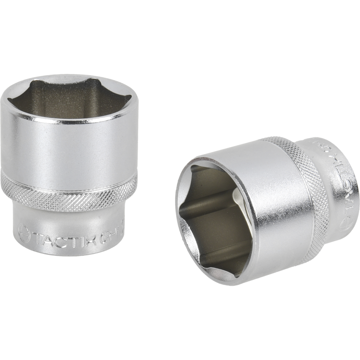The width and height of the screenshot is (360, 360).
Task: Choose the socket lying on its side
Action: click(265, 207)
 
